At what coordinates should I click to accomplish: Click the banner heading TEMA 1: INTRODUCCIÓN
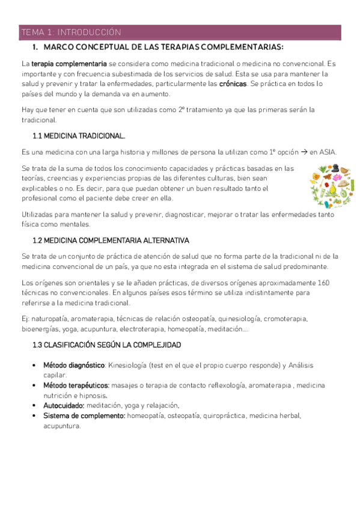(x=71, y=32)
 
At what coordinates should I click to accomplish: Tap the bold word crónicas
(x=233, y=84)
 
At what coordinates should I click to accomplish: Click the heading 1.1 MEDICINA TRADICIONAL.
(x=79, y=136)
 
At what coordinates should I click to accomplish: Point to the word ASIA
(x=328, y=152)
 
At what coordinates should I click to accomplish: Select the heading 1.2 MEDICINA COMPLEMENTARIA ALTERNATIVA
(x=111, y=240)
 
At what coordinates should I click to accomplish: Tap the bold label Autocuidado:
(x=63, y=405)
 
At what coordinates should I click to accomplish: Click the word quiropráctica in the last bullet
(x=224, y=416)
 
